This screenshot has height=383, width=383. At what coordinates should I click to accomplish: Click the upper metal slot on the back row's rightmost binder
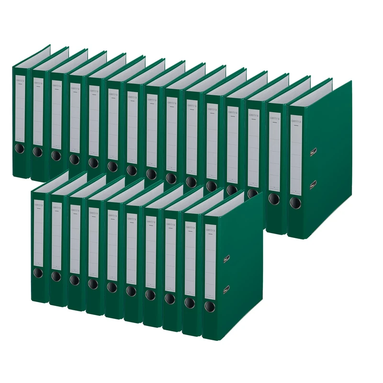(313, 152)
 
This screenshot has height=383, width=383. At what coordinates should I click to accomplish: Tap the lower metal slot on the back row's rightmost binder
(313, 184)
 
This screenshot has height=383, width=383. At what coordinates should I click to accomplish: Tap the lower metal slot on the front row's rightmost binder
(226, 289)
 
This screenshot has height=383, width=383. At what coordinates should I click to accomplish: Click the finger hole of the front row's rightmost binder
(210, 306)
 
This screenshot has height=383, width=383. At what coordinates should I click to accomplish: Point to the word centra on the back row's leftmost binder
(21, 82)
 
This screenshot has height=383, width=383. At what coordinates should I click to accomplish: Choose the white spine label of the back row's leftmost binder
(21, 110)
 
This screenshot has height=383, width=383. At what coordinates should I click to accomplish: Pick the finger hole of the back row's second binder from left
(38, 152)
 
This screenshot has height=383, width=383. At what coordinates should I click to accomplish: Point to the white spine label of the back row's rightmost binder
(296, 153)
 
